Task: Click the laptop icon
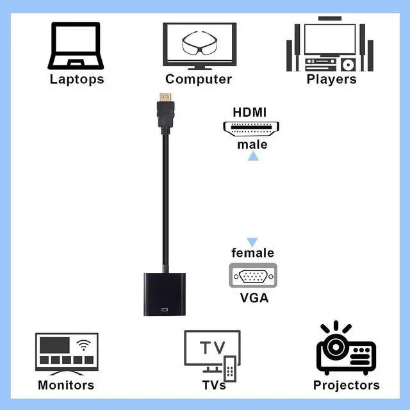pyautogui.click(x=76, y=45)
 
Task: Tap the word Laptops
pyautogui.click(x=76, y=79)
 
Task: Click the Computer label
pyautogui.click(x=199, y=79)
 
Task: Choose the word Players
pyautogui.click(x=331, y=79)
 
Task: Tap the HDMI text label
pyautogui.click(x=250, y=111)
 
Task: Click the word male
pyautogui.click(x=252, y=144)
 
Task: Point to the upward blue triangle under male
pyautogui.click(x=253, y=156)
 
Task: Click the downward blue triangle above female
pyautogui.click(x=252, y=242)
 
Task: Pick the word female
pyautogui.click(x=252, y=253)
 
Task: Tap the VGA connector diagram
pyautogui.click(x=252, y=277)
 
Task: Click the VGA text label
pyautogui.click(x=254, y=298)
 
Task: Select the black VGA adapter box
pyautogui.click(x=164, y=295)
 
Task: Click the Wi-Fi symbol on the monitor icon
pyautogui.click(x=83, y=346)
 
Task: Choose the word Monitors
pyautogui.click(x=66, y=385)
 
